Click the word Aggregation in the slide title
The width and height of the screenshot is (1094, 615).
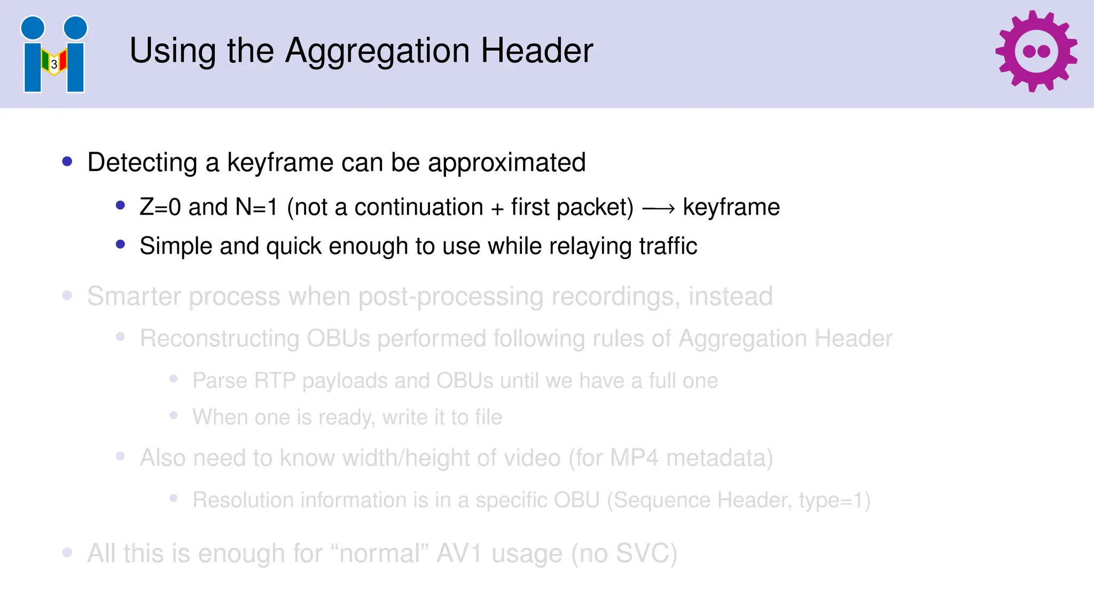point(378,51)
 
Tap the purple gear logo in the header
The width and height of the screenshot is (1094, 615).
point(1036,51)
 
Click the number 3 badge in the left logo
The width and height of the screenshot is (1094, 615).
point(54,65)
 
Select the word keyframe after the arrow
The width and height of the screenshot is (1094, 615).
point(731,207)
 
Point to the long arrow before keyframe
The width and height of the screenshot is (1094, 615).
point(658,209)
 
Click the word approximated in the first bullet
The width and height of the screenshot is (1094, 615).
point(506,162)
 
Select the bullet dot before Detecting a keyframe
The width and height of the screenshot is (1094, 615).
point(67,161)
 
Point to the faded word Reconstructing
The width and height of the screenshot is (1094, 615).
point(219,338)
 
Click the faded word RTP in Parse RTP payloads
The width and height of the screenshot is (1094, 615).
point(275,381)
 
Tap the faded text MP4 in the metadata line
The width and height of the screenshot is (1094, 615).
point(634,458)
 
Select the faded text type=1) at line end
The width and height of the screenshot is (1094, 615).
point(834,500)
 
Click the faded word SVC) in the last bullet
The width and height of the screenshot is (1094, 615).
point(646,553)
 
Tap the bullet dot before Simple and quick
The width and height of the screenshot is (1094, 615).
point(120,245)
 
